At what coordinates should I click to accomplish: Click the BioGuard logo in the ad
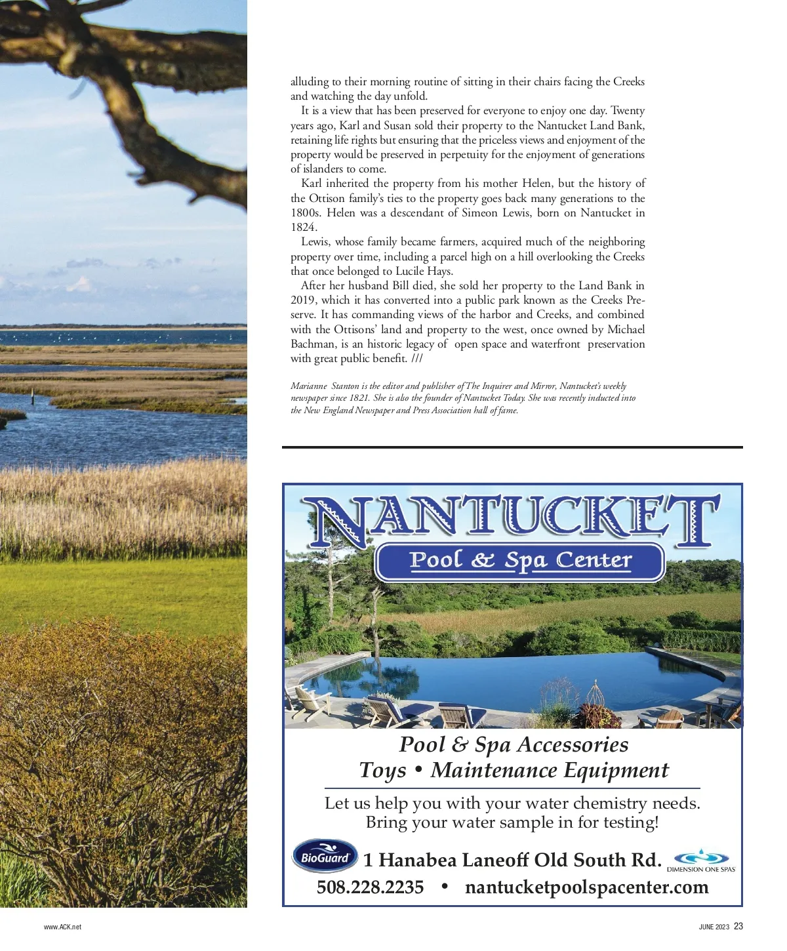[x=325, y=857]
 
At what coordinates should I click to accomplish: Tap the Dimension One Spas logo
[x=701, y=860]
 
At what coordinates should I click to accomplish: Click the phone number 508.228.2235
[x=370, y=887]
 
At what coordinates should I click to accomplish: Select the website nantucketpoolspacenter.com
[x=586, y=887]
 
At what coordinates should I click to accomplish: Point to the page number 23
[x=738, y=926]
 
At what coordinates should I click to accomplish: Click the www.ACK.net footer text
[x=62, y=927]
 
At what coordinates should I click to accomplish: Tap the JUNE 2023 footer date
[x=714, y=927]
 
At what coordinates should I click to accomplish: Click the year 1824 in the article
[x=303, y=227]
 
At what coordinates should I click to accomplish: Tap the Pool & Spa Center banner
[x=520, y=561]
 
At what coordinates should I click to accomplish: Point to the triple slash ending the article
[x=417, y=358]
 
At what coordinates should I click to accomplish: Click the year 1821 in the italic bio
[x=359, y=398]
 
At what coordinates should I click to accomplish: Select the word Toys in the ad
[x=382, y=770]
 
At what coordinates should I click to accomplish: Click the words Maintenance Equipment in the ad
[x=550, y=770]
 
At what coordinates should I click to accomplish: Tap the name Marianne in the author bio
[x=309, y=386]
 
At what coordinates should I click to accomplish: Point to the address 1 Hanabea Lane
[x=437, y=860]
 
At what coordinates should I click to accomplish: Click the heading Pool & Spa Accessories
[x=514, y=744]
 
